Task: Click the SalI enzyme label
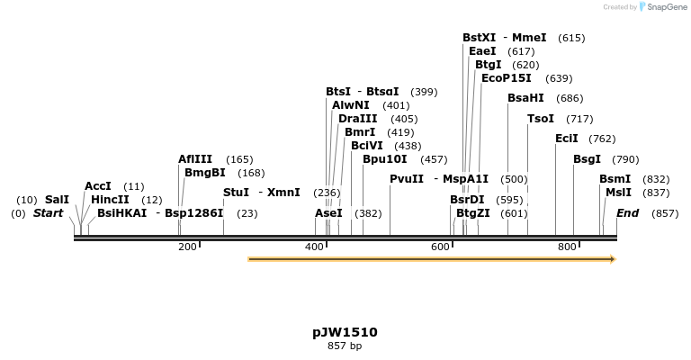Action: (x=57, y=200)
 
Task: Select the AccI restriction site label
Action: (x=98, y=186)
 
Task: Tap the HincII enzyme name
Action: (x=110, y=200)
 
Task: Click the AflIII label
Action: (x=195, y=159)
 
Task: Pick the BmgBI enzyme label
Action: (x=205, y=173)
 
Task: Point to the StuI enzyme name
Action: (x=236, y=193)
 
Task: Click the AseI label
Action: (x=328, y=213)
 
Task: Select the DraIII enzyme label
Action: (x=358, y=119)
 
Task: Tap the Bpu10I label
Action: (x=385, y=159)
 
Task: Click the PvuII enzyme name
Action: (x=407, y=179)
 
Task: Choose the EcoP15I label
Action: (x=507, y=78)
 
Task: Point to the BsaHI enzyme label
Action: (x=525, y=98)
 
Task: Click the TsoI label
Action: (x=541, y=119)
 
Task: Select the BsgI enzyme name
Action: (x=587, y=159)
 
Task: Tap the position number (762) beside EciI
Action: (x=602, y=139)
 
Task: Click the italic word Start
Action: (x=49, y=213)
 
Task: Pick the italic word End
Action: (x=627, y=213)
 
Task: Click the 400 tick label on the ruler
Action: (x=314, y=247)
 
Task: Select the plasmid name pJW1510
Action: (x=345, y=332)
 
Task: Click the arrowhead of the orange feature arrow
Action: (x=613, y=259)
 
